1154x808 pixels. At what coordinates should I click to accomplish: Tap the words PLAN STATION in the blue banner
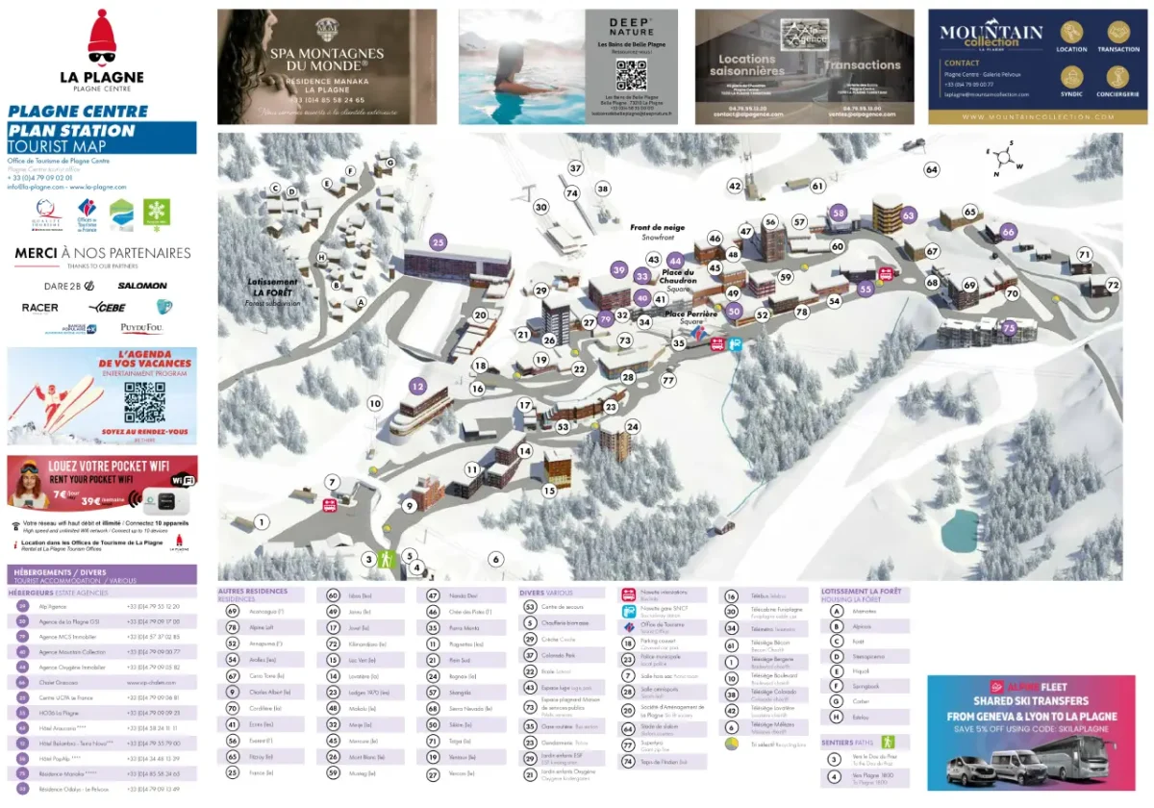pyautogui.click(x=72, y=131)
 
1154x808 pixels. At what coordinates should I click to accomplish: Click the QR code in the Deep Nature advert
pyautogui.click(x=631, y=74)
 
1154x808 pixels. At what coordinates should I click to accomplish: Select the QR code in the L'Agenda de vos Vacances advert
pyautogui.click(x=144, y=402)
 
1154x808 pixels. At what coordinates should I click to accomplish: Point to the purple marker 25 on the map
pyautogui.click(x=439, y=242)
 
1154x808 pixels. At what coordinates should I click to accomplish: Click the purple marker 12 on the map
pyautogui.click(x=417, y=386)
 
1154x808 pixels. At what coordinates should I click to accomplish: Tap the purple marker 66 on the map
pyautogui.click(x=1008, y=232)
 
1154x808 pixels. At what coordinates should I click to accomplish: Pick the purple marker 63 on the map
pyautogui.click(x=909, y=215)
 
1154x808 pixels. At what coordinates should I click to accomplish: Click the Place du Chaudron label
pyautogui.click(x=678, y=277)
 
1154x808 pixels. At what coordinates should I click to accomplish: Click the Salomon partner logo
pyautogui.click(x=142, y=286)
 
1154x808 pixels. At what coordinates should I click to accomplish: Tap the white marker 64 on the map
pyautogui.click(x=931, y=169)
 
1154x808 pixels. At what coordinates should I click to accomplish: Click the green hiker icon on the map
pyautogui.click(x=387, y=559)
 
